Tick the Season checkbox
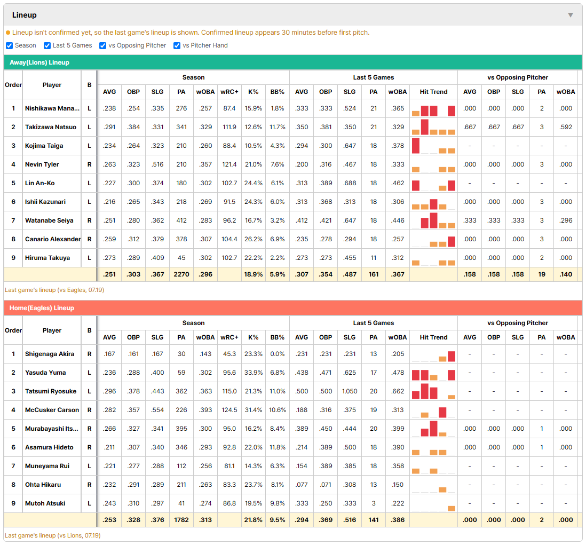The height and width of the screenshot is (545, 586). coord(10,45)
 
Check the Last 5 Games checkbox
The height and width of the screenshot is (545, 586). coord(47,45)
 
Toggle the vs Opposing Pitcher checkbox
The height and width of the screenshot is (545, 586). coord(102,45)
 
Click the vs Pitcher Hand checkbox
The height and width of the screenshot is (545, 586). coord(177,45)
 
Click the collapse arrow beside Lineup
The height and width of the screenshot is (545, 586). coord(571,15)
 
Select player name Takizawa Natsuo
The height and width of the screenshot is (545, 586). coord(51,127)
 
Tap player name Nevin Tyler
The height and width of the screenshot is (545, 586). coord(42,164)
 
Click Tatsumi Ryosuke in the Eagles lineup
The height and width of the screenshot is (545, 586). coord(51,391)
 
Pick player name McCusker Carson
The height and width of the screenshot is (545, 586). coord(52,410)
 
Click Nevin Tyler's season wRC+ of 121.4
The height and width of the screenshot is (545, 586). coord(229,164)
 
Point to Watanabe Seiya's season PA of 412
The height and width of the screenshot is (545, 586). coord(181,220)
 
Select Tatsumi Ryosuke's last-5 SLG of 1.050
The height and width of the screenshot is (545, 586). coord(350,391)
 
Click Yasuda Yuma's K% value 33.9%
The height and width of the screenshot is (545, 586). coord(254,373)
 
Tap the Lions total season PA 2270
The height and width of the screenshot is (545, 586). coord(181,274)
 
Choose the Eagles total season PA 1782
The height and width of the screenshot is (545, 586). coord(181,520)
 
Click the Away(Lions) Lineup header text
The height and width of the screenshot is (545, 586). coord(39,62)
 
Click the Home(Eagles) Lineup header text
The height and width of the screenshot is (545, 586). coord(42,308)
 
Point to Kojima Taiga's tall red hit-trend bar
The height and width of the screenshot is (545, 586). coord(416,146)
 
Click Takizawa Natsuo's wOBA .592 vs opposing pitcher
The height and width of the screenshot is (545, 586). coord(566,127)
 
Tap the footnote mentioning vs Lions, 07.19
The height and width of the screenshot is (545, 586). coord(53,535)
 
